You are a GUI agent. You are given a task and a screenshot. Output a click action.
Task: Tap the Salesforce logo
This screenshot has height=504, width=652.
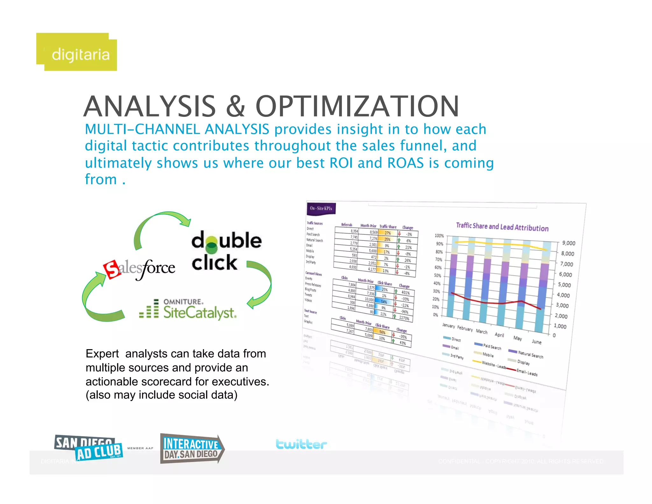click(x=139, y=268)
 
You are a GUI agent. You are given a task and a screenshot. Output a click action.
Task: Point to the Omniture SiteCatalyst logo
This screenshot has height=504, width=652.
click(x=188, y=309)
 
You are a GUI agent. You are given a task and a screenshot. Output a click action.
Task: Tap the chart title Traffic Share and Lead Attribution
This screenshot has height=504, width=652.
click(x=502, y=227)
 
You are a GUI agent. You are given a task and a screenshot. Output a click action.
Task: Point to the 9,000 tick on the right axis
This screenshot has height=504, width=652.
click(x=568, y=243)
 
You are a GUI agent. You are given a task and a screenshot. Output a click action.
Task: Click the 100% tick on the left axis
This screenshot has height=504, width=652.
click(x=439, y=236)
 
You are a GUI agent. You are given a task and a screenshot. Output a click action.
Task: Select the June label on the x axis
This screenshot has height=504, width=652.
click(x=536, y=342)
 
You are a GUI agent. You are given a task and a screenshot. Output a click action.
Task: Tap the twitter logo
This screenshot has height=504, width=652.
click(x=301, y=444)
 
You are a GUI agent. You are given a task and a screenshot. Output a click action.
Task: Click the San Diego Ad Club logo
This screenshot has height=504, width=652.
click(x=89, y=448)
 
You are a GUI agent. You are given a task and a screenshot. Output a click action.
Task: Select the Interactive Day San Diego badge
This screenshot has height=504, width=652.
click(x=192, y=449)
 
